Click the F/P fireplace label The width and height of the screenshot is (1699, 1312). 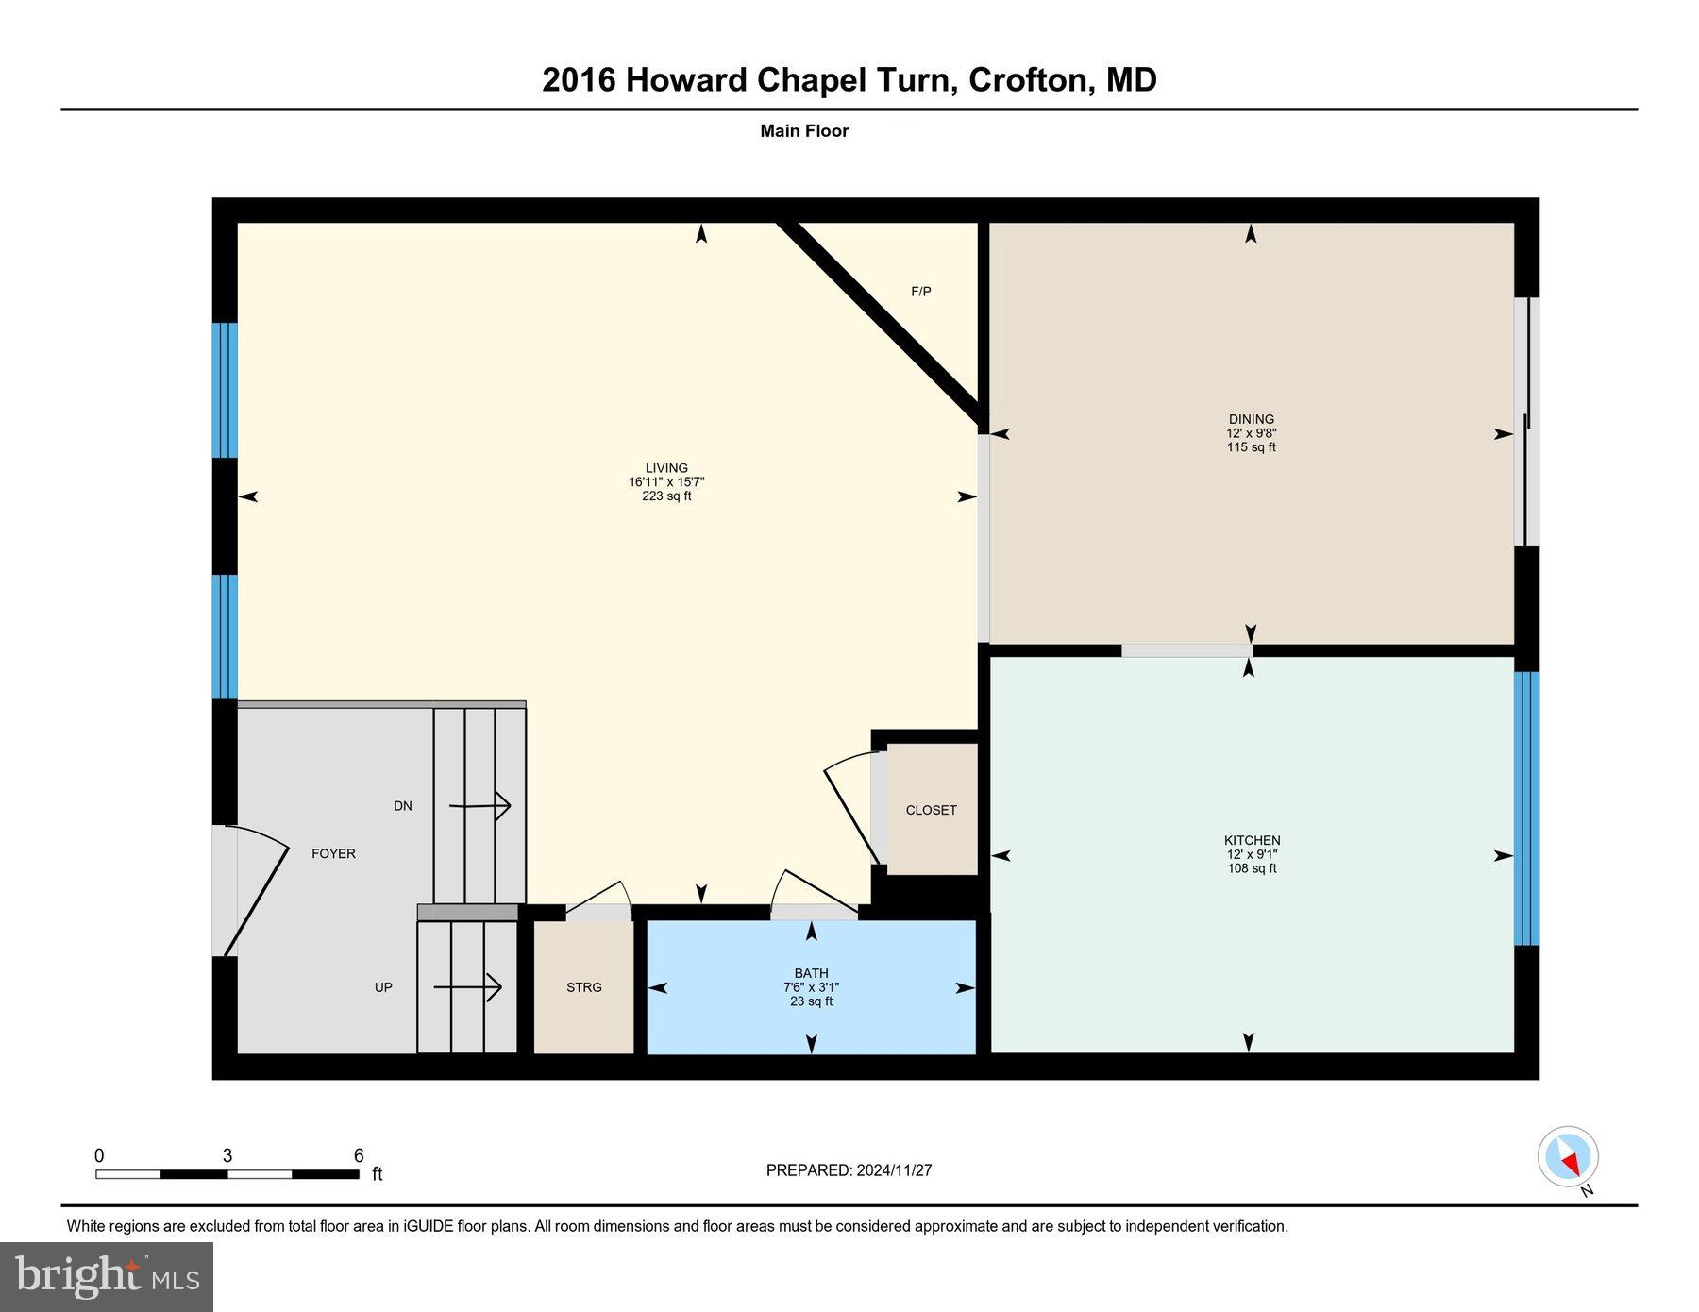coord(920,292)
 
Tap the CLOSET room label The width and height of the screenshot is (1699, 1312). coord(931,810)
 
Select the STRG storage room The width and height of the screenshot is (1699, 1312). coord(584,987)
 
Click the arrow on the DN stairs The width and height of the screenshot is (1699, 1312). coord(480,806)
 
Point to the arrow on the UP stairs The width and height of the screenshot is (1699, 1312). coord(468,987)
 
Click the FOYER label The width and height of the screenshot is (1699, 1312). coord(333,853)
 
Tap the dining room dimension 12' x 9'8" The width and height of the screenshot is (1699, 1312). coord(1251,433)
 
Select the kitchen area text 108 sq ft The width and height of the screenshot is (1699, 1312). coord(1252,868)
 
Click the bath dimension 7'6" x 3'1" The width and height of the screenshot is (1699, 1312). coord(811,987)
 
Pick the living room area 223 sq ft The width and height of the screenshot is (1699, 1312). coord(666,496)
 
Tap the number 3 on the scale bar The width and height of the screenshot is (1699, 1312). coord(227,1156)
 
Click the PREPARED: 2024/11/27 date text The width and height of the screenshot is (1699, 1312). coord(849,1170)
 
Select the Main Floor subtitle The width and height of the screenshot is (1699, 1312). coord(804,131)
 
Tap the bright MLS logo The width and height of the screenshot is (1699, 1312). coord(107,1276)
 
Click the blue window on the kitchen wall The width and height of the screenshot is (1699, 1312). coord(1526,808)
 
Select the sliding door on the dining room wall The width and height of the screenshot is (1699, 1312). coord(1526,422)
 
